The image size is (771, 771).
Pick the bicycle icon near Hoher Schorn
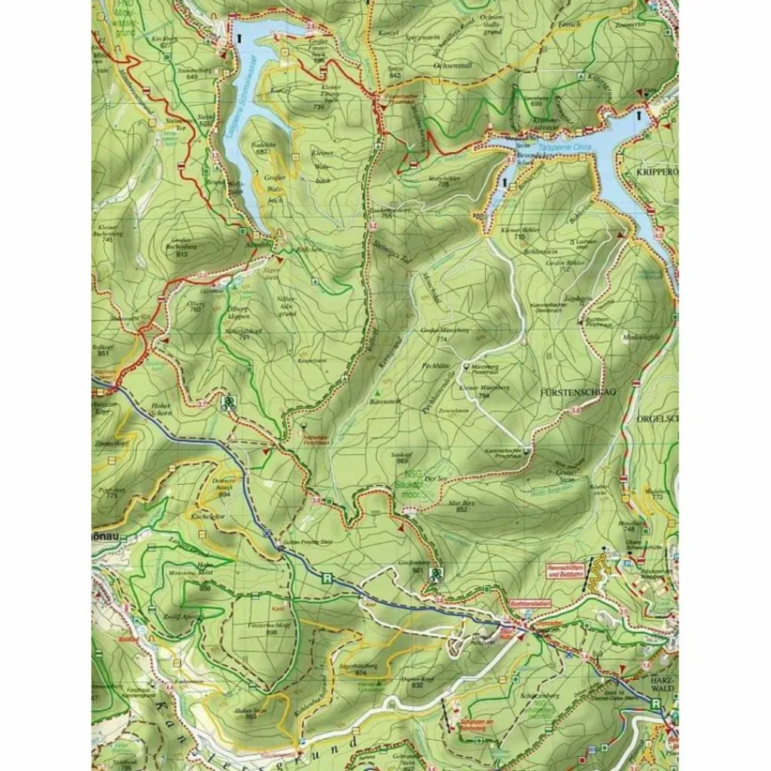point(227,401)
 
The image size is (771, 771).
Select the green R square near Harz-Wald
point(657,703)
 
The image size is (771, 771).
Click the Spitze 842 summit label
point(394,72)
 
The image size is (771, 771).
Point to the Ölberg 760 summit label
point(196,306)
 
